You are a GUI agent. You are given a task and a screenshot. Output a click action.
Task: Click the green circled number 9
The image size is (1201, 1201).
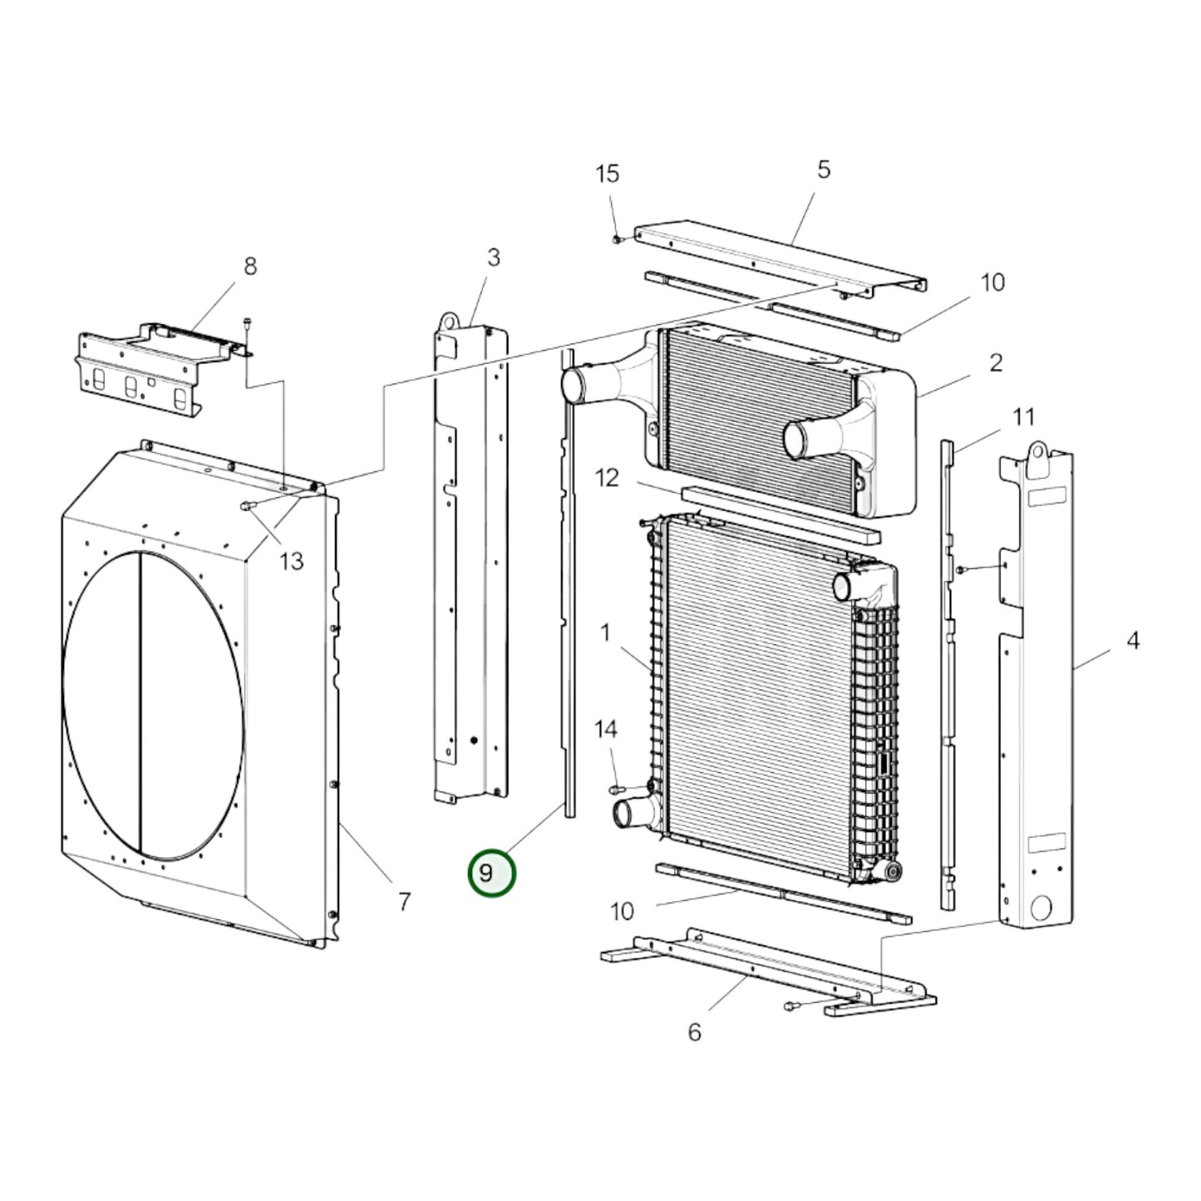tap(492, 874)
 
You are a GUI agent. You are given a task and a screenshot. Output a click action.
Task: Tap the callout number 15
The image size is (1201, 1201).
tap(608, 174)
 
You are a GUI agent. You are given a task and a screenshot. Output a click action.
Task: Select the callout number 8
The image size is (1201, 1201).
tap(249, 266)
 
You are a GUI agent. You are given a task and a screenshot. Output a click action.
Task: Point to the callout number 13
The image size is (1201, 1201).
tap(291, 561)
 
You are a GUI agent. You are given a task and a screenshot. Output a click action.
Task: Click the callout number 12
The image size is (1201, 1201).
tap(608, 479)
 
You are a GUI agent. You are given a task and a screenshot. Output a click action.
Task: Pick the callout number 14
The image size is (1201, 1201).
tap(606, 729)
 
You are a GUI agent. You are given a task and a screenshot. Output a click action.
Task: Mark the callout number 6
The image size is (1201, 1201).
tap(694, 1031)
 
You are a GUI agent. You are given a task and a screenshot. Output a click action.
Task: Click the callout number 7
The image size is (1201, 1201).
tap(404, 901)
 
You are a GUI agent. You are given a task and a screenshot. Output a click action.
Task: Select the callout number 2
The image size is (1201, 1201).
tap(996, 362)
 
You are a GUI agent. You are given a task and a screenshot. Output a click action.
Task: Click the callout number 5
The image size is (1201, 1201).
tap(823, 170)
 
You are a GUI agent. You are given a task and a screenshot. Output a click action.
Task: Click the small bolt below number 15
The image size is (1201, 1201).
tap(617, 239)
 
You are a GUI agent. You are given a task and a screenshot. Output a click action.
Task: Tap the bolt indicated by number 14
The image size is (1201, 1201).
tap(617, 788)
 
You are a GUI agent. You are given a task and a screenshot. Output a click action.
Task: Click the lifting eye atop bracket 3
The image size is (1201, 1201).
tap(448, 321)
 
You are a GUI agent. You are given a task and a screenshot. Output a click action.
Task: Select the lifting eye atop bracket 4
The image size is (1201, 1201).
tap(1036, 450)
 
